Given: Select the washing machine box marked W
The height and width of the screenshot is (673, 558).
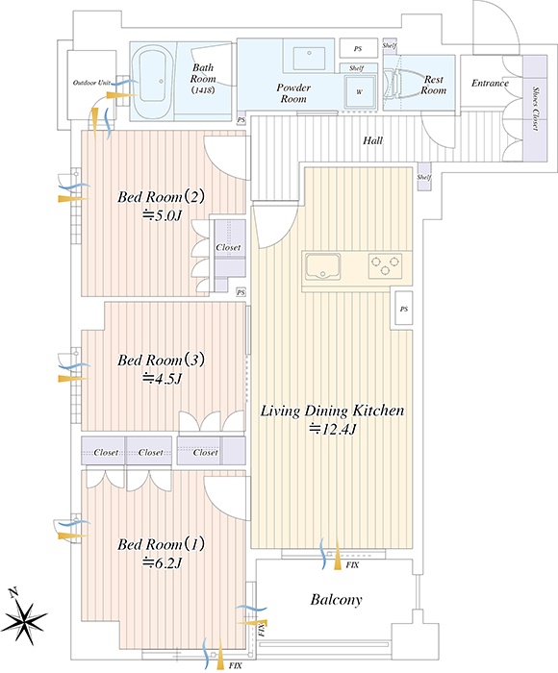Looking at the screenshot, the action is [x=360, y=91].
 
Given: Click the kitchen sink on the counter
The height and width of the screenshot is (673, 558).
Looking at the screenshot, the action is [x=322, y=266].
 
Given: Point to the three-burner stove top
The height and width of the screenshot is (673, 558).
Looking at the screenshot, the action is [x=386, y=265].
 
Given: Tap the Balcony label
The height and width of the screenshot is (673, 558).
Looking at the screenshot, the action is [x=336, y=599].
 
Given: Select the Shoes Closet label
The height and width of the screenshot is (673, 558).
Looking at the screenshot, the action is [x=535, y=109].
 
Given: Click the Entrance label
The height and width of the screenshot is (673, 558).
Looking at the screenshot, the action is [x=490, y=83].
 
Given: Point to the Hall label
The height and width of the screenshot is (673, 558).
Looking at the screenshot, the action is [x=372, y=140].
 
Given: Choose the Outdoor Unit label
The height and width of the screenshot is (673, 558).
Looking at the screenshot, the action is [x=92, y=83].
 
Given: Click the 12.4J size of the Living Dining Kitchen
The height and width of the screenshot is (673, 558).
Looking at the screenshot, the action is [x=333, y=429].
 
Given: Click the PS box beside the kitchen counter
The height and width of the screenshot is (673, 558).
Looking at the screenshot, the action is [x=403, y=309].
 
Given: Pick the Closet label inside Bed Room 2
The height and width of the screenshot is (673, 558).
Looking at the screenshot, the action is [x=228, y=248].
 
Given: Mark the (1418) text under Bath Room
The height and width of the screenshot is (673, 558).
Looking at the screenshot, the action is [x=203, y=90].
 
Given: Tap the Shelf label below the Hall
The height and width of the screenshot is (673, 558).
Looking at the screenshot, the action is [x=423, y=177].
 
